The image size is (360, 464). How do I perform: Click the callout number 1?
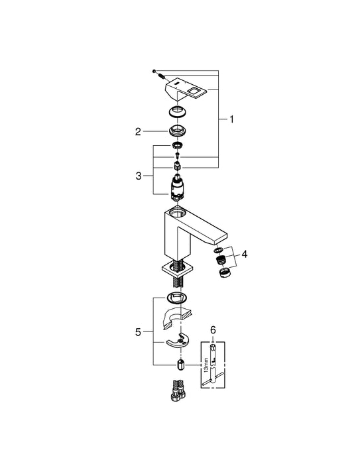(231, 119)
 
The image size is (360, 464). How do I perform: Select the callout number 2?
(139, 131)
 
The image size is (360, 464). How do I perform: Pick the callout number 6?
(213, 329)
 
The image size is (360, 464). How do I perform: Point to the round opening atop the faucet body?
(178, 213)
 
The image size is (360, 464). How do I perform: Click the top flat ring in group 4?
(217, 251)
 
